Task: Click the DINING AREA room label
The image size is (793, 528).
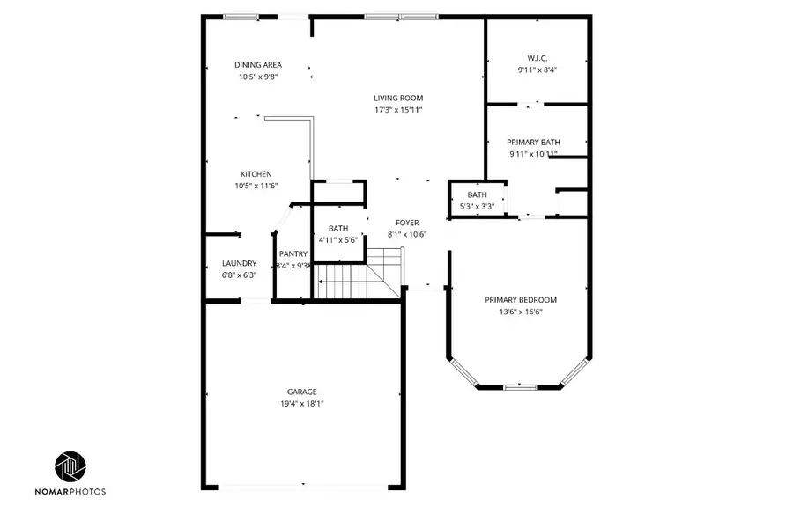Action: (x=258, y=64)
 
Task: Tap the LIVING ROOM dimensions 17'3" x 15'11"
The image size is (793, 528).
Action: (x=398, y=110)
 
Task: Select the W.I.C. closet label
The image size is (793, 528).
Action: (x=537, y=58)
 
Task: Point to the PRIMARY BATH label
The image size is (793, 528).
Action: (x=533, y=142)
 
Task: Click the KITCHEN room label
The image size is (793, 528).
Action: (x=256, y=174)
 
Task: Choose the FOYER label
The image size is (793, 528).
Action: (x=407, y=223)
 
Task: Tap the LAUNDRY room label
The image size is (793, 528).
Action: (x=239, y=263)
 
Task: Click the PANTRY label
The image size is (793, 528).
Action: (x=293, y=254)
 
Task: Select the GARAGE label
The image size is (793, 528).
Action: (x=301, y=392)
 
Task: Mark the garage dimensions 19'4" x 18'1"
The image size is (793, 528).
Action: (x=301, y=404)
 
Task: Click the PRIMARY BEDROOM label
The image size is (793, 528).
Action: (x=521, y=299)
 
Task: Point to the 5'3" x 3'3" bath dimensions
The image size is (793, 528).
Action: (x=478, y=206)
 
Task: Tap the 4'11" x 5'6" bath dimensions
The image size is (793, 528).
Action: (x=338, y=239)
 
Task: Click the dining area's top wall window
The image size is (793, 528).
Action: (x=241, y=16)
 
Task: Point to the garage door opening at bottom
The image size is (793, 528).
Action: (x=302, y=485)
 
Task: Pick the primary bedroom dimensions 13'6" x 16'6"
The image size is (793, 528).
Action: (x=521, y=312)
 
